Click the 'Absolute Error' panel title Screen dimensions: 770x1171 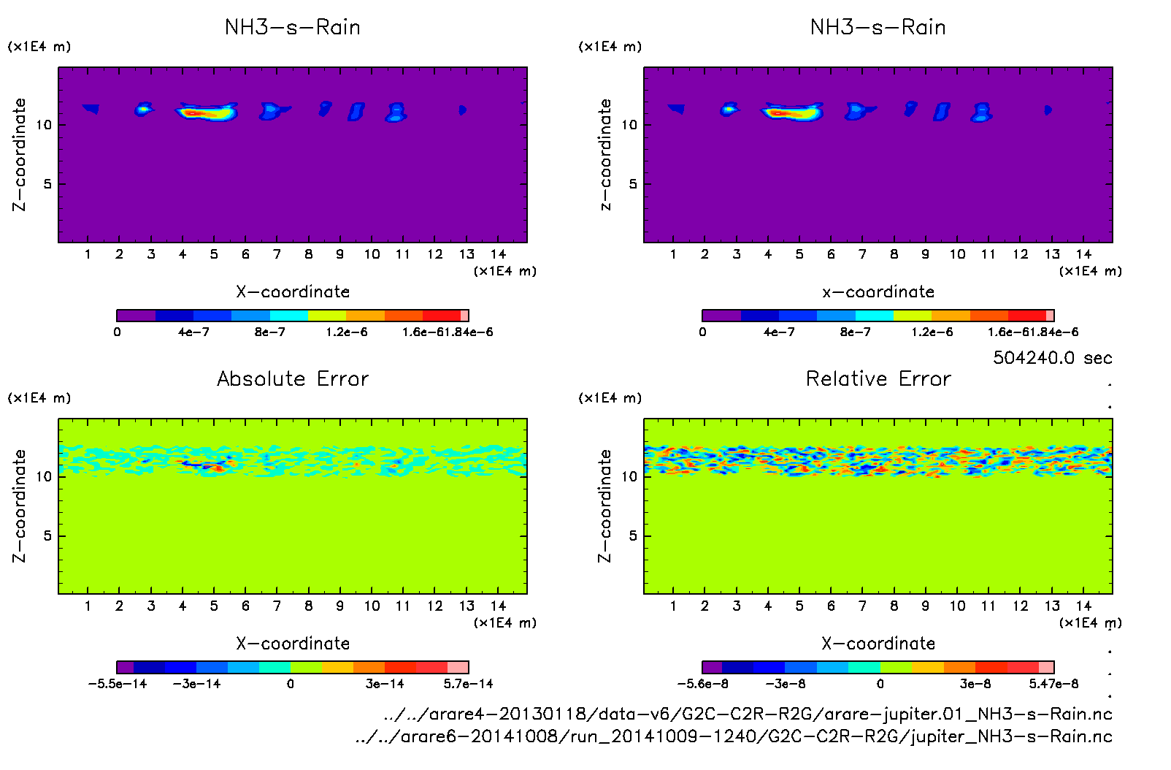pyautogui.click(x=292, y=378)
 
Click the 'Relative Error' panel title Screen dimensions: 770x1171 pyautogui.click(x=878, y=378)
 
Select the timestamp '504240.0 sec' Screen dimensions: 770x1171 pyautogui.click(x=1052, y=358)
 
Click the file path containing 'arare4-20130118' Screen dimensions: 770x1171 pyautogui.click(x=748, y=714)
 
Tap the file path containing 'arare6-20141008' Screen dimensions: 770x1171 pyautogui.click(x=733, y=736)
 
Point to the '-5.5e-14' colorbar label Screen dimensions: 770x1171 pyautogui.click(x=117, y=684)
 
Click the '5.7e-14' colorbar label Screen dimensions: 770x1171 pyautogui.click(x=468, y=684)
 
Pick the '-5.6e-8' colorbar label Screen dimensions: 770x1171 pyautogui.click(x=702, y=684)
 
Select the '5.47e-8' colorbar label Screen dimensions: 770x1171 pyautogui.click(x=1053, y=684)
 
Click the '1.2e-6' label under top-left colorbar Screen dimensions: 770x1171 pyautogui.click(x=347, y=332)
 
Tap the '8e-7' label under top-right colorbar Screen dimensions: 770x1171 pyautogui.click(x=856, y=332)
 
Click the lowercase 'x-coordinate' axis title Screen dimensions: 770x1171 pyautogui.click(x=878, y=292)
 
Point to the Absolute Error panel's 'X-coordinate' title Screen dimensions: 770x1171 pyautogui.click(x=292, y=644)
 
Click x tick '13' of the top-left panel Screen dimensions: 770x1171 pyautogui.click(x=467, y=254)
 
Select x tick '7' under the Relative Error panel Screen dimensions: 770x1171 pyautogui.click(x=862, y=606)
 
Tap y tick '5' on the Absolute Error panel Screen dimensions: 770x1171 pyautogui.click(x=47, y=535)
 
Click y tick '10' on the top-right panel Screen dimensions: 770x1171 pyautogui.click(x=629, y=125)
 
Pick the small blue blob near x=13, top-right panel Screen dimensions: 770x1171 pyautogui.click(x=1048, y=110)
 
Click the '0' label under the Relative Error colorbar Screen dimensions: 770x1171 pyautogui.click(x=880, y=684)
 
